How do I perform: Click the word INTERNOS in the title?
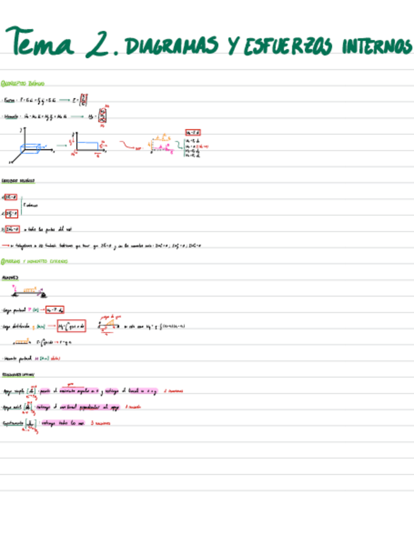point(377,46)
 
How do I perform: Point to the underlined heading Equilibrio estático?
point(18,180)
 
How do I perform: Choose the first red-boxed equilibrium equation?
point(11,197)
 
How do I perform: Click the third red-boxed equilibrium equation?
point(11,229)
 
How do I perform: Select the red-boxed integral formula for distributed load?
point(71,326)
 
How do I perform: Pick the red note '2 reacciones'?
point(173,391)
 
